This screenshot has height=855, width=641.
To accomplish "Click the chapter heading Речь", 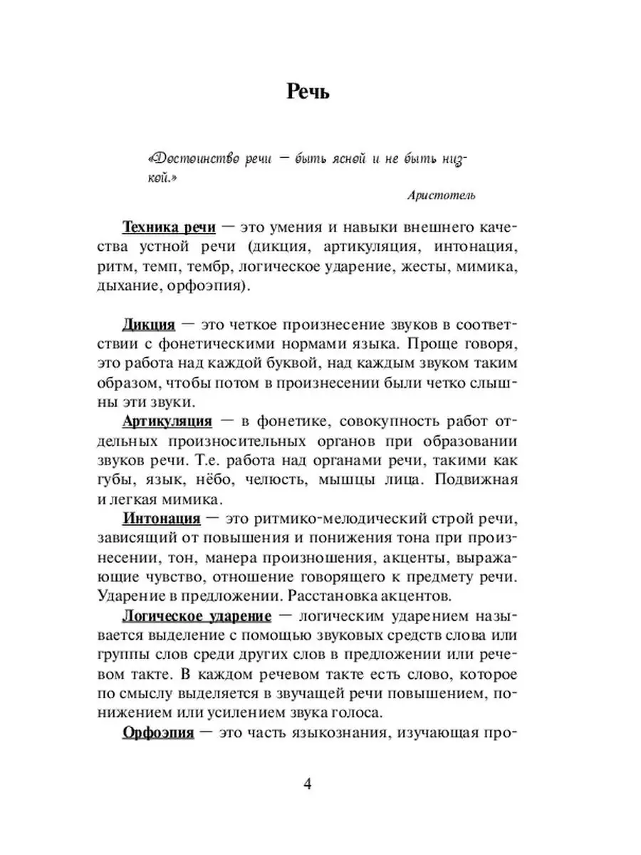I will [x=307, y=92].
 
